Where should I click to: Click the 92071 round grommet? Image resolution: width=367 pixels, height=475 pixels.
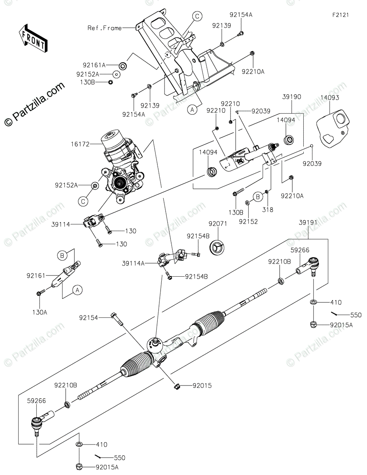pyautogui.click(x=219, y=247)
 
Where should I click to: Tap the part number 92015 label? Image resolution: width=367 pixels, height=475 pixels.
pyautogui.click(x=202, y=385)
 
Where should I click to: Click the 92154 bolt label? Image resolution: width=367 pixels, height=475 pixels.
pyautogui.click(x=89, y=317)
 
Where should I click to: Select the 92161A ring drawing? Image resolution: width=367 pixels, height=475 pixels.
pyautogui.click(x=123, y=65)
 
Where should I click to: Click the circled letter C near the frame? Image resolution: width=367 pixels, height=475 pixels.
pyautogui.click(x=197, y=16)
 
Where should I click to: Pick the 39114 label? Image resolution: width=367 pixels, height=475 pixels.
pyautogui.click(x=61, y=224)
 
